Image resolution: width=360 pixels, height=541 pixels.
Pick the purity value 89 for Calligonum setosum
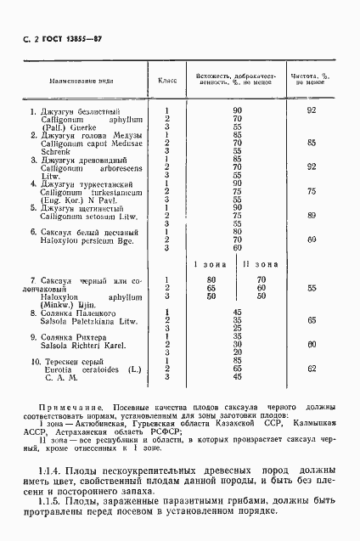pyautogui.click(x=312, y=216)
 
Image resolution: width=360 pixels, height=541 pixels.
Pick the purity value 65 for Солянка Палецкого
pyautogui.click(x=312, y=320)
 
